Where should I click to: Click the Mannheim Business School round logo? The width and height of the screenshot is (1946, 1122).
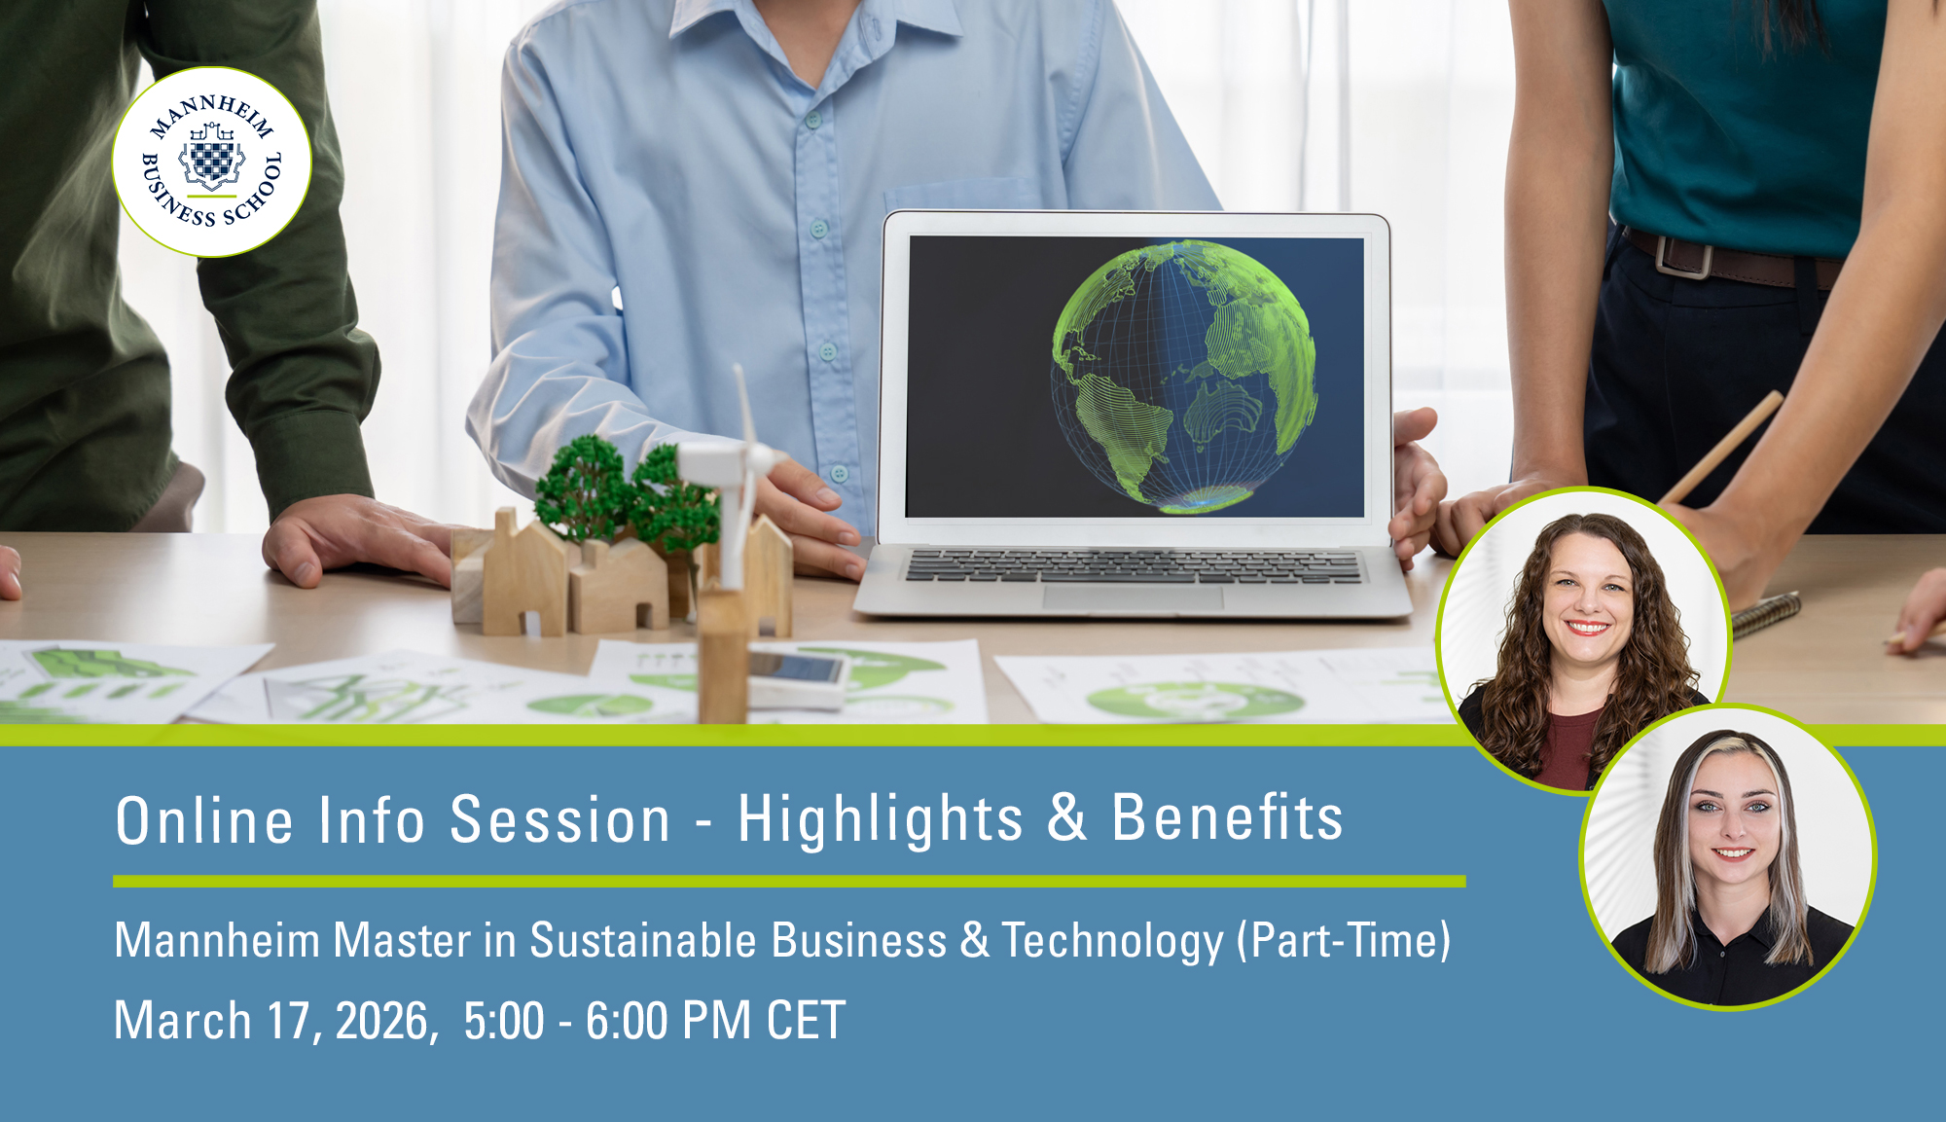pyautogui.click(x=212, y=162)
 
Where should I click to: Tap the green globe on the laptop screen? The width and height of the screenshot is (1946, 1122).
pyautogui.click(x=1184, y=377)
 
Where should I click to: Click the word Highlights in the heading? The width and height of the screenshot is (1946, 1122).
pyautogui.click(x=881, y=818)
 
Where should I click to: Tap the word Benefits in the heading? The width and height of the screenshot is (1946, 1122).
pyautogui.click(x=1228, y=817)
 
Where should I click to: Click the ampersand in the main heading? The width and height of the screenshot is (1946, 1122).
pyautogui.click(x=1067, y=817)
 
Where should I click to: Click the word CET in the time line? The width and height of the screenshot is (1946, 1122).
pyautogui.click(x=806, y=1021)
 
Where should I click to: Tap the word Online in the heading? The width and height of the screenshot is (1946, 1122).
pyautogui.click(x=204, y=819)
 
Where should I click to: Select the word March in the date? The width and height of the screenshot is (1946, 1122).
pyautogui.click(x=183, y=1021)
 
